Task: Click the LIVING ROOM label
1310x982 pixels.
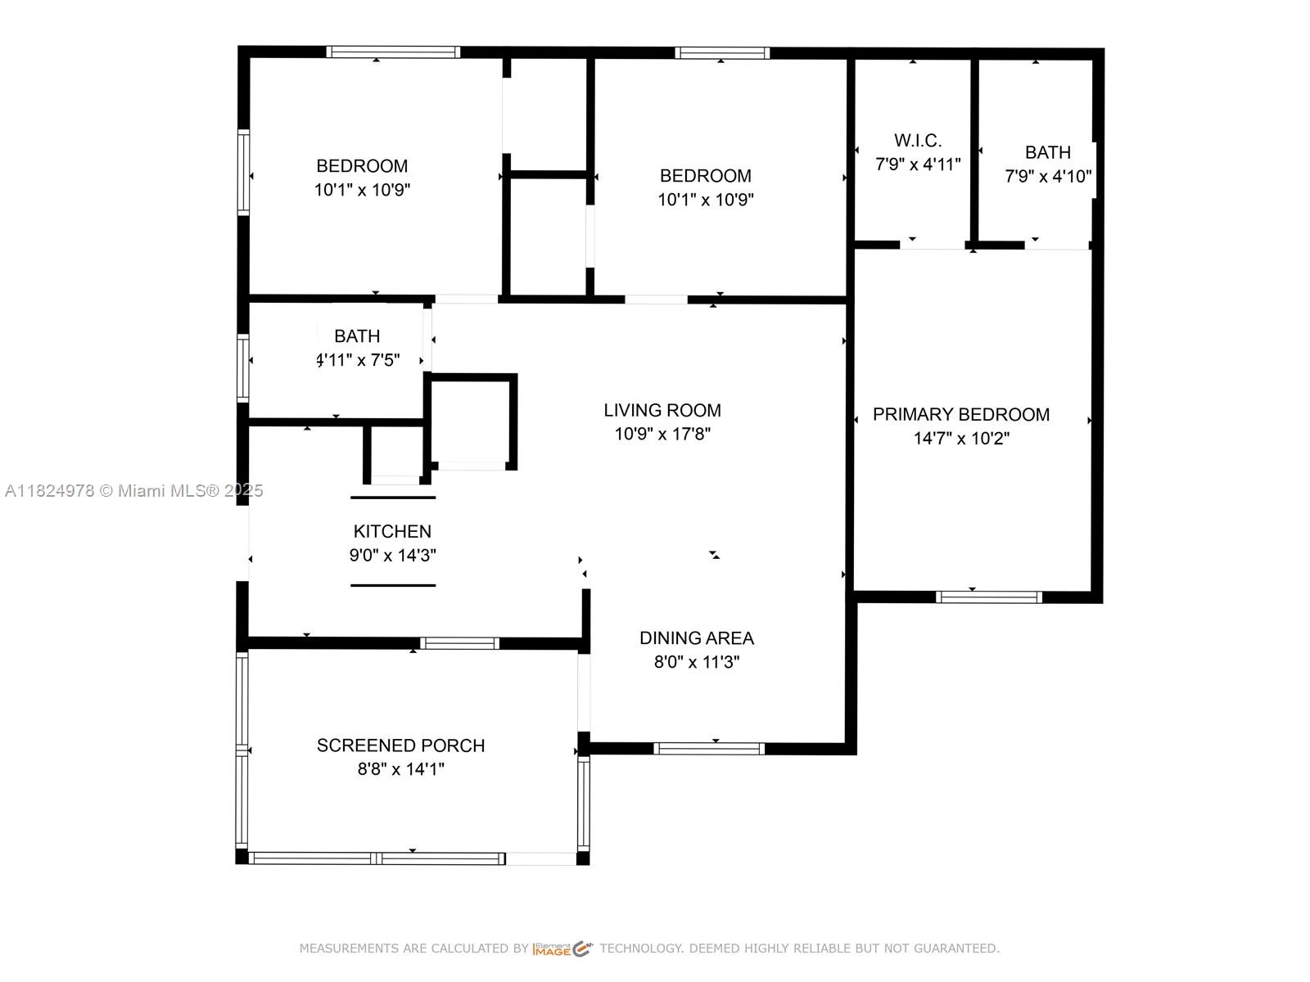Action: (662, 410)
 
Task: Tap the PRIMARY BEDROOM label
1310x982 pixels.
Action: (961, 414)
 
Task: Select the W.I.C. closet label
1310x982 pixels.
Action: (918, 141)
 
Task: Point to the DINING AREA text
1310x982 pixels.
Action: (697, 638)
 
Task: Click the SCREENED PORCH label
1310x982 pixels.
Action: (400, 746)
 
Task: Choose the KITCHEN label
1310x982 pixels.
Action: (392, 531)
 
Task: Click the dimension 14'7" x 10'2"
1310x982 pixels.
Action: (961, 439)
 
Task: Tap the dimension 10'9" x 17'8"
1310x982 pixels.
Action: (662, 434)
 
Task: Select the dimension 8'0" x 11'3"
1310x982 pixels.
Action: (697, 662)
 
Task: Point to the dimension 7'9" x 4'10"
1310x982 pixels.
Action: (1048, 176)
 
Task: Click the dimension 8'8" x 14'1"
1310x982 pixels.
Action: (401, 769)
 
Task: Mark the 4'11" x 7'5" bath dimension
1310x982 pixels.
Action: (358, 359)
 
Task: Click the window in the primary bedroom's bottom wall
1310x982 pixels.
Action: (988, 597)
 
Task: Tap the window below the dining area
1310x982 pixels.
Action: (708, 749)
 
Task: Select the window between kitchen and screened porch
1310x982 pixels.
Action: (459, 643)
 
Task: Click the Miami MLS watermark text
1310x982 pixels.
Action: (133, 491)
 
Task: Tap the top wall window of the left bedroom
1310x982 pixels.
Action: (393, 52)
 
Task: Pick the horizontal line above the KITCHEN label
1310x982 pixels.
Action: (393, 498)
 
